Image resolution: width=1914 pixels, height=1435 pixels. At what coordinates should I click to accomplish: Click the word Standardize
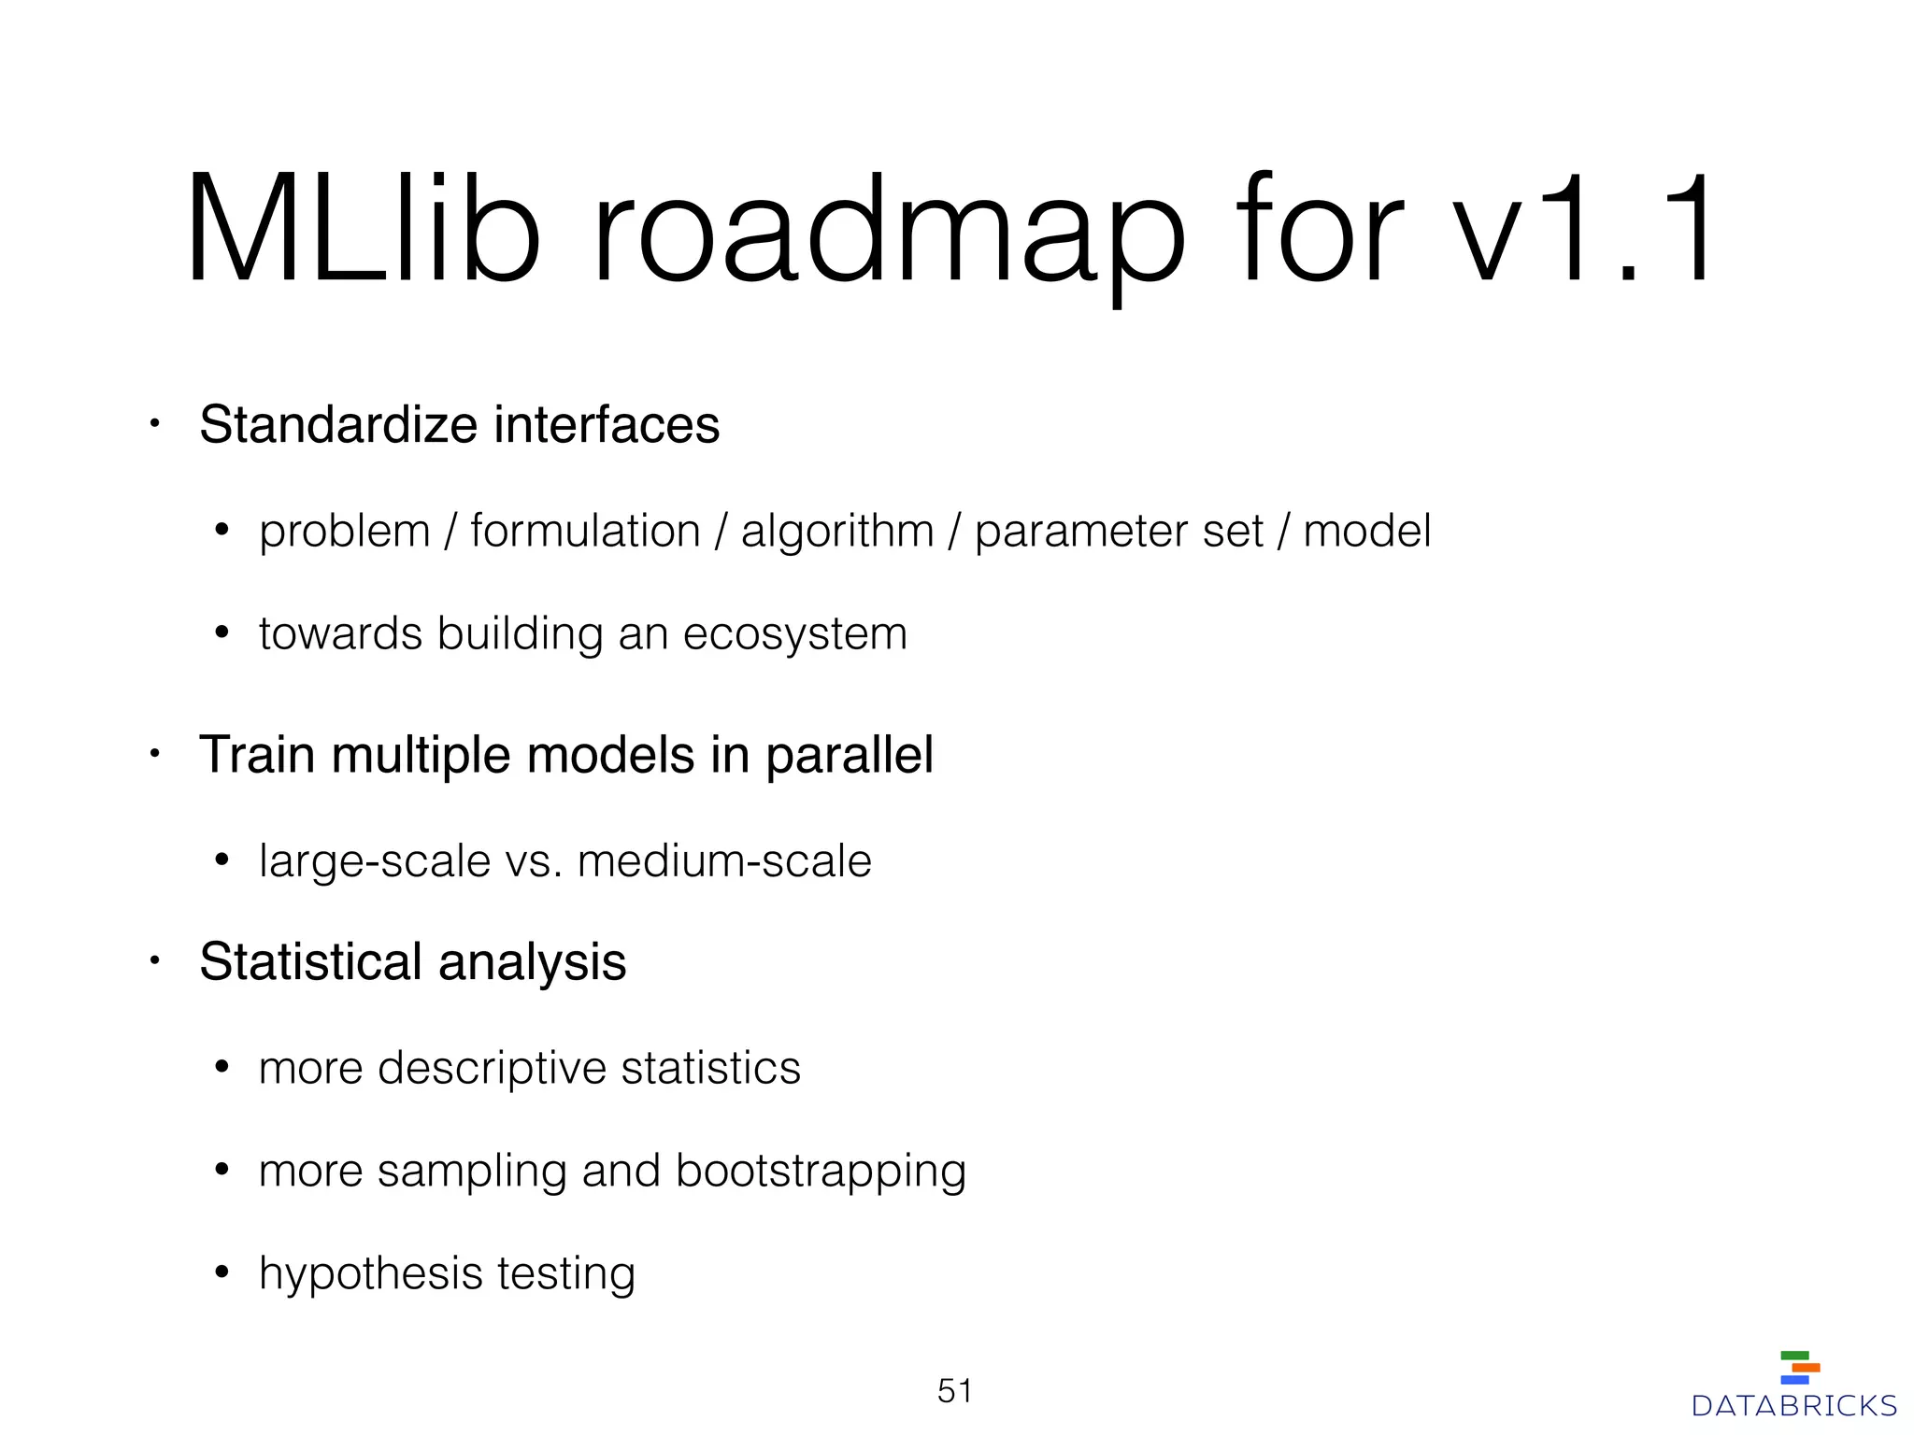point(338,425)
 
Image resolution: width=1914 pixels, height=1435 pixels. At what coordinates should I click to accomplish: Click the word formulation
point(585,532)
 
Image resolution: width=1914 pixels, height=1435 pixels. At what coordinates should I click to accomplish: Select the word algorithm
point(837,532)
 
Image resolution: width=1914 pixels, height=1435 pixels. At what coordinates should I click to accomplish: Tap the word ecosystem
point(795,634)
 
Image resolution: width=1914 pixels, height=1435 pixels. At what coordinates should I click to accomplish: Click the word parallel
point(850,755)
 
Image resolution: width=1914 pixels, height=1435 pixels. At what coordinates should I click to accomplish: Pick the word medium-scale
point(724,860)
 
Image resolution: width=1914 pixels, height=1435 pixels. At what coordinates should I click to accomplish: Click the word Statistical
point(310,962)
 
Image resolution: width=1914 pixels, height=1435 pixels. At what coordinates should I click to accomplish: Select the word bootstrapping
point(821,1172)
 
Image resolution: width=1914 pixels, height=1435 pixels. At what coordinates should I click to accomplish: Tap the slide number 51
point(955,1391)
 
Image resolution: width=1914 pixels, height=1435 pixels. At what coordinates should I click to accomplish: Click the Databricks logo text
point(1794,1406)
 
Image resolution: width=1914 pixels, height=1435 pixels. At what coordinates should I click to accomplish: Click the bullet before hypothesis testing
point(221,1272)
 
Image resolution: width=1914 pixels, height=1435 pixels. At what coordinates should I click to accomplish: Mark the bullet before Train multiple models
point(156,754)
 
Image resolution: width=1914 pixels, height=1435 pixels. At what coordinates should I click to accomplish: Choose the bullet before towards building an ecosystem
point(221,633)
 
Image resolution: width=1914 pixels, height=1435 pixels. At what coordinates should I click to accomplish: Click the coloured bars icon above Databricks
point(1799,1368)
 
